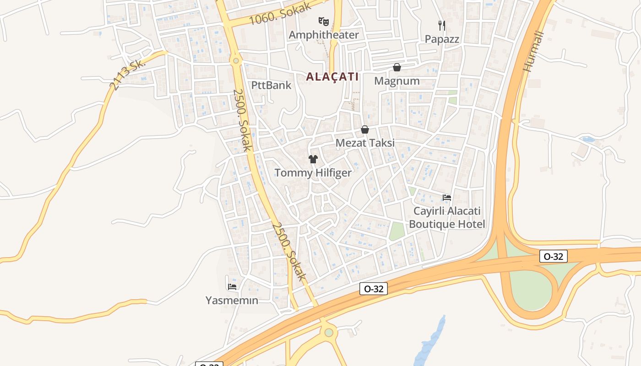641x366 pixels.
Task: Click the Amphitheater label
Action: coord(324,35)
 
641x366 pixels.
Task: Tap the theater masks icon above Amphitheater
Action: coord(324,21)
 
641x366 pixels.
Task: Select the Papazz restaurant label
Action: coord(442,39)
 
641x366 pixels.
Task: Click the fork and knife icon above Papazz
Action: coord(442,25)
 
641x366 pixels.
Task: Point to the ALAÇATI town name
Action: coord(332,77)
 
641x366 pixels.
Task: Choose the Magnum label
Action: coord(397,81)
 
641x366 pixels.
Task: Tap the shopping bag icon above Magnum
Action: coord(397,68)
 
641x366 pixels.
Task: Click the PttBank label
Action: coord(271,85)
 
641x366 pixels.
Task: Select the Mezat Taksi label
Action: coord(365,143)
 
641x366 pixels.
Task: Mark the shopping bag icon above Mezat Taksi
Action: coord(365,130)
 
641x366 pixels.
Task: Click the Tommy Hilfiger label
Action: coord(313,172)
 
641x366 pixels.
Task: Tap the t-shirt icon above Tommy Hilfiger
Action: coord(313,159)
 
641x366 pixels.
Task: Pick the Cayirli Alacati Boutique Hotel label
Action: coord(447,218)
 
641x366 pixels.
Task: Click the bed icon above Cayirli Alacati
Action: coord(447,198)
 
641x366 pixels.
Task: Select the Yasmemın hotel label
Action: coord(232,301)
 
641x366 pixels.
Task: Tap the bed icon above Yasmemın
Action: coord(232,287)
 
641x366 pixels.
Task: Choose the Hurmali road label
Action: coord(534,51)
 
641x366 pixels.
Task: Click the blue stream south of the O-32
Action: coord(430,343)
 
